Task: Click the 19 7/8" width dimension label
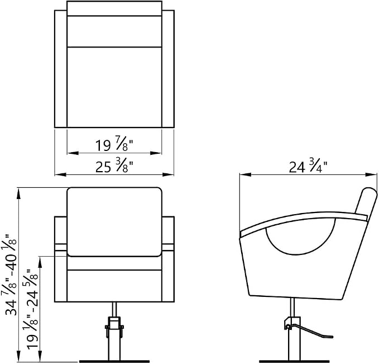pos(114,144)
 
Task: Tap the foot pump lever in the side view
pos(309,331)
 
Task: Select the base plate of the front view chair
pos(114,362)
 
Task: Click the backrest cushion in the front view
pos(114,222)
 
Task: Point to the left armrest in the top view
pos(61,69)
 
